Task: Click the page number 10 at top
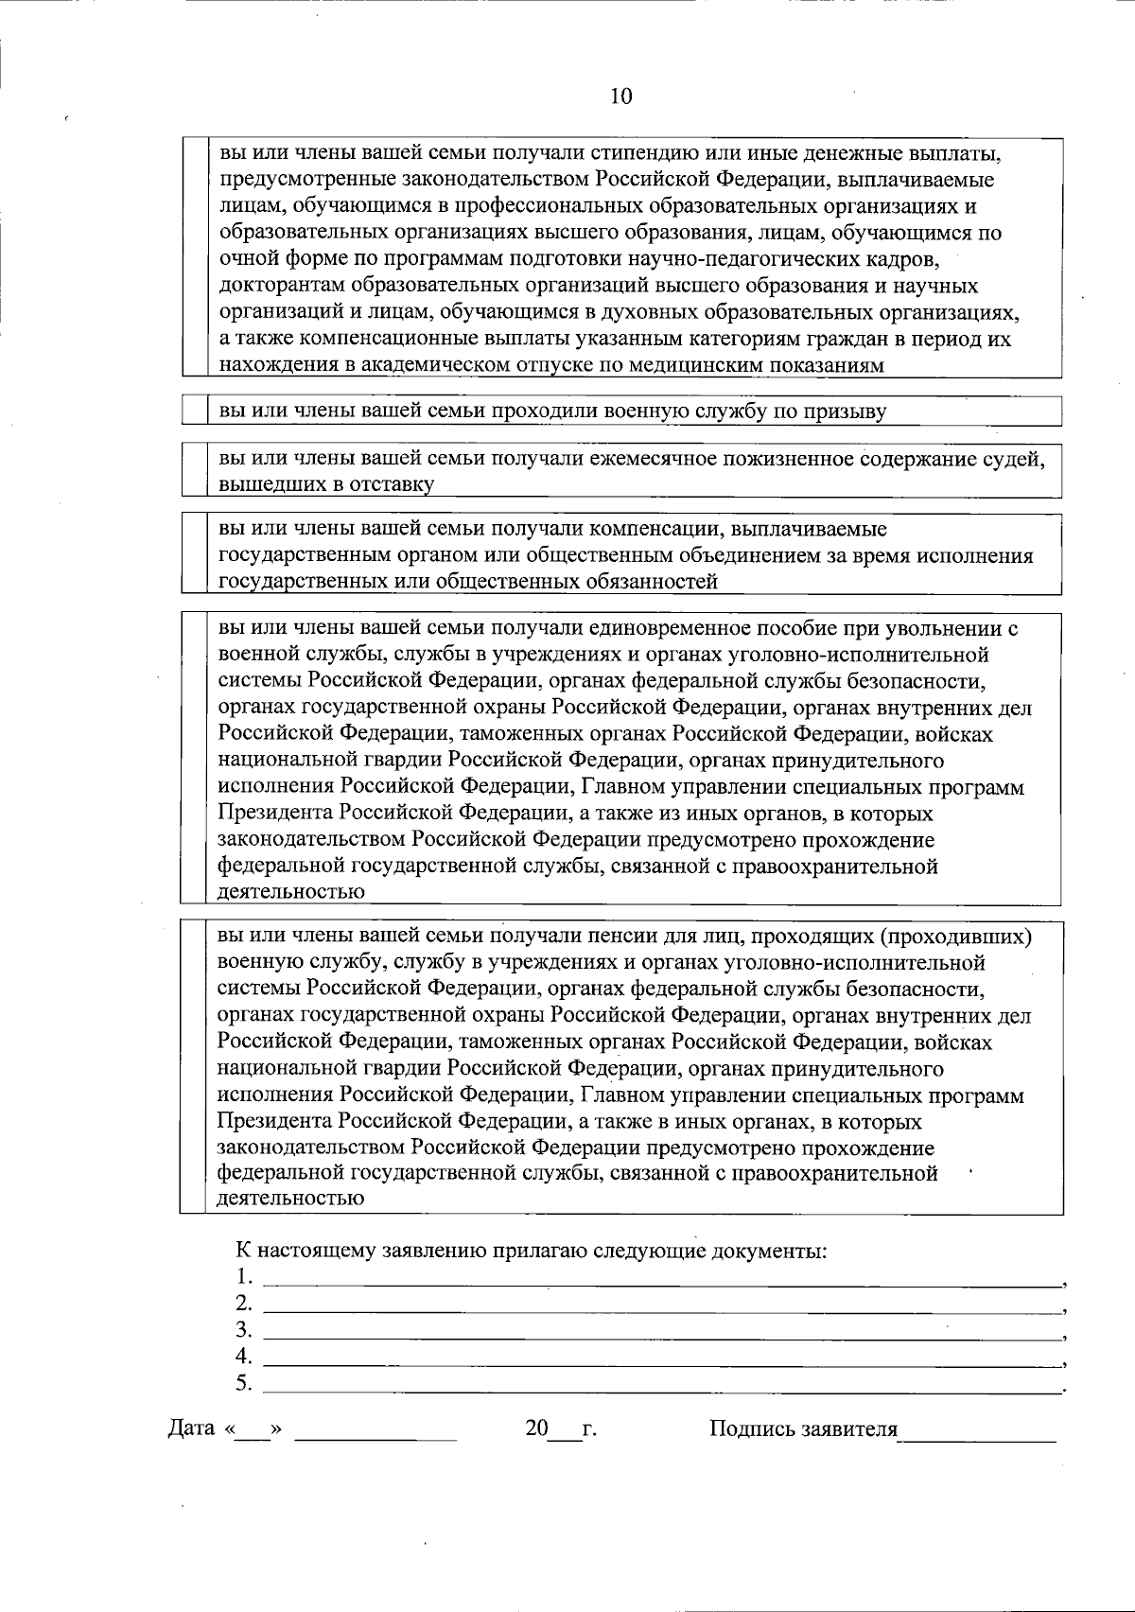click(620, 96)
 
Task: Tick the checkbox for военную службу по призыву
click(194, 411)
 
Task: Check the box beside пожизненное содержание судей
click(194, 470)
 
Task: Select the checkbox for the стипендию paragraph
click(194, 257)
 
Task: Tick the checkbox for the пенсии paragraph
click(194, 1067)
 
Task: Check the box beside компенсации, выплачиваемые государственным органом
click(194, 553)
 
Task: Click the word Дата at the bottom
click(191, 1428)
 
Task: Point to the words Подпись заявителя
click(803, 1428)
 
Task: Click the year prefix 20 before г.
click(536, 1428)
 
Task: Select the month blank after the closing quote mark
click(375, 1432)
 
